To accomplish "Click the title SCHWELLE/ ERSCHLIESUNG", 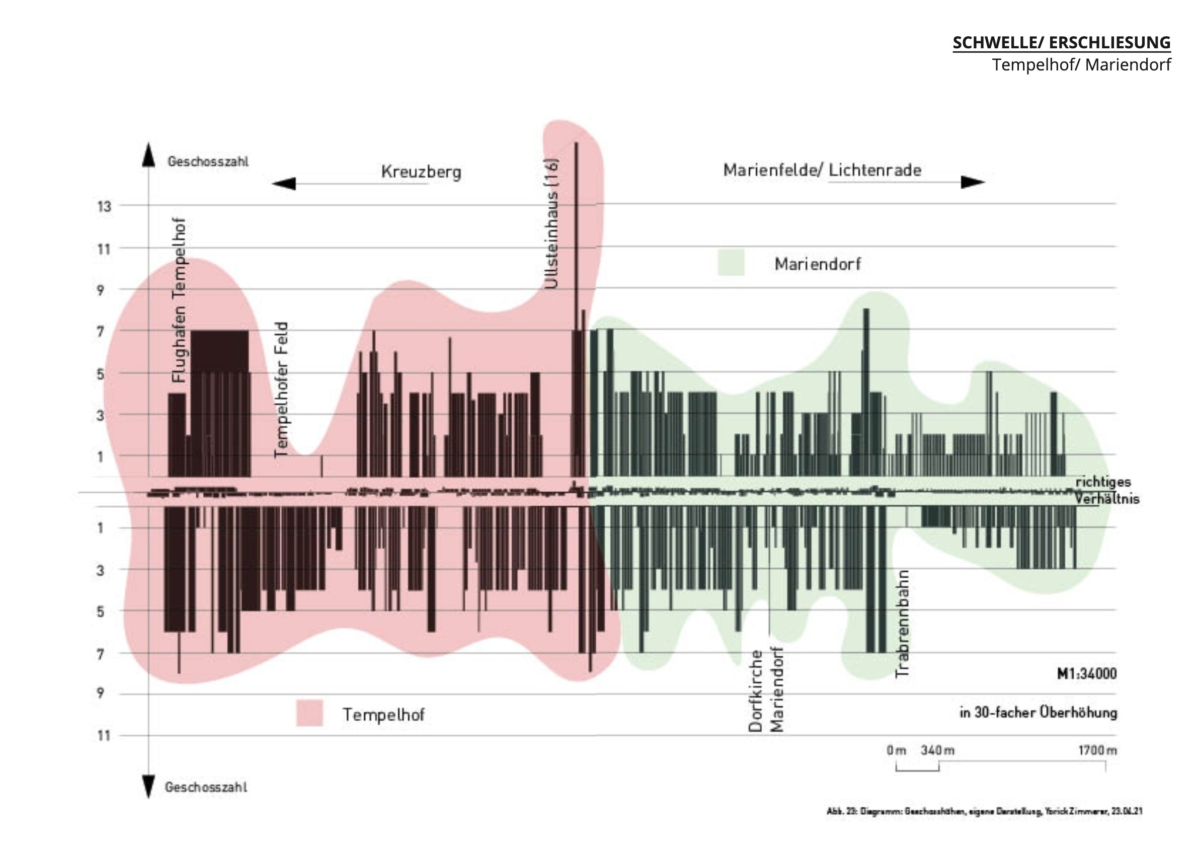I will [x=1061, y=43].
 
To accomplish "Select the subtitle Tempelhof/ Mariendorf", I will [x=1081, y=65].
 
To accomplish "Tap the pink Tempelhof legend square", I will [x=309, y=713].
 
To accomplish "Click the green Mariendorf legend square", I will [x=731, y=263].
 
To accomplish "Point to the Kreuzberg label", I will [x=421, y=172].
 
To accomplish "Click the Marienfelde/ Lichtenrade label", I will [x=822, y=170].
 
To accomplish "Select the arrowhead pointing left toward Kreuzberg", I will [x=284, y=183].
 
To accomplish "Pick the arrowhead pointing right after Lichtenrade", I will [x=972, y=182].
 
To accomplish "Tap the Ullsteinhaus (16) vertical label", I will [x=551, y=223].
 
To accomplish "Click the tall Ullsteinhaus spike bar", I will [x=576, y=235].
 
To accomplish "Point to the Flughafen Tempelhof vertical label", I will [x=179, y=300].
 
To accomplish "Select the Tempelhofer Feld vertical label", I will [x=281, y=390].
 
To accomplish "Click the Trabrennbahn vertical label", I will [x=902, y=624].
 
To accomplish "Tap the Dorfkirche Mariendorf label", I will [x=766, y=689].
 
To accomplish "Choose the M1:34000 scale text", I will [x=1086, y=673].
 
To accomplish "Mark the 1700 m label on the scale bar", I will [x=1097, y=750].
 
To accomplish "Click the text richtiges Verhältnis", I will [x=1106, y=490].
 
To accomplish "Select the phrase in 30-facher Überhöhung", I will [x=1038, y=713].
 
